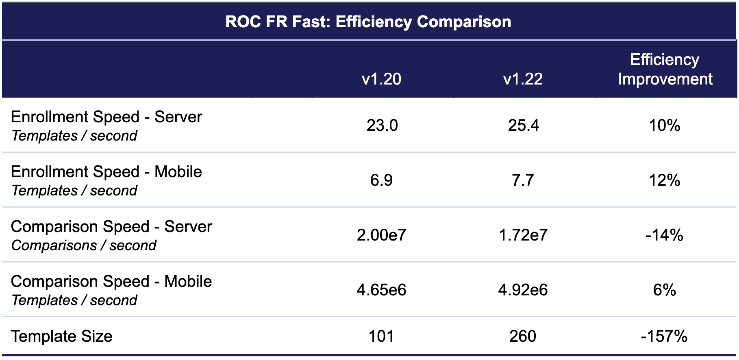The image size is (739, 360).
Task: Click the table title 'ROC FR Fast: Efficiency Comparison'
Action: [368, 22]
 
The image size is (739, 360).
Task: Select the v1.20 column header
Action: [381, 79]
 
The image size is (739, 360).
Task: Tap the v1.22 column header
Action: [523, 79]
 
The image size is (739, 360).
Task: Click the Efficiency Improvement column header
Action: [665, 69]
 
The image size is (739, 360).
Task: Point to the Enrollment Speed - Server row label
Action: [107, 117]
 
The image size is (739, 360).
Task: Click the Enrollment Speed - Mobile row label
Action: [107, 172]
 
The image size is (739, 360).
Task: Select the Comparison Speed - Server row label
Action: [111, 227]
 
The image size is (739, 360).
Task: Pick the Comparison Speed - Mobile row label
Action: [111, 282]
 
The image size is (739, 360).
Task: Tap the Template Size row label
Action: [62, 336]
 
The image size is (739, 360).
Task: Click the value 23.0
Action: [382, 126]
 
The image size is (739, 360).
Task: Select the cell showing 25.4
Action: [523, 126]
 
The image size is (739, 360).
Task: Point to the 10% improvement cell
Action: [665, 126]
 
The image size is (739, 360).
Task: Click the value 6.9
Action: [381, 180]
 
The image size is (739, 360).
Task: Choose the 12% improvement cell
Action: [665, 180]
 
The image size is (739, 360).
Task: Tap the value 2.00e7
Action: [381, 235]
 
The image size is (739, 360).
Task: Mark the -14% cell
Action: [664, 235]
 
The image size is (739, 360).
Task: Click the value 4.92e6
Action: [523, 290]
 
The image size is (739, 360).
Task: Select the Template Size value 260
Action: [523, 336]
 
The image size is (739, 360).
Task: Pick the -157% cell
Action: [664, 336]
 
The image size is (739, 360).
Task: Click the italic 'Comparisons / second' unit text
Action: [84, 245]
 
